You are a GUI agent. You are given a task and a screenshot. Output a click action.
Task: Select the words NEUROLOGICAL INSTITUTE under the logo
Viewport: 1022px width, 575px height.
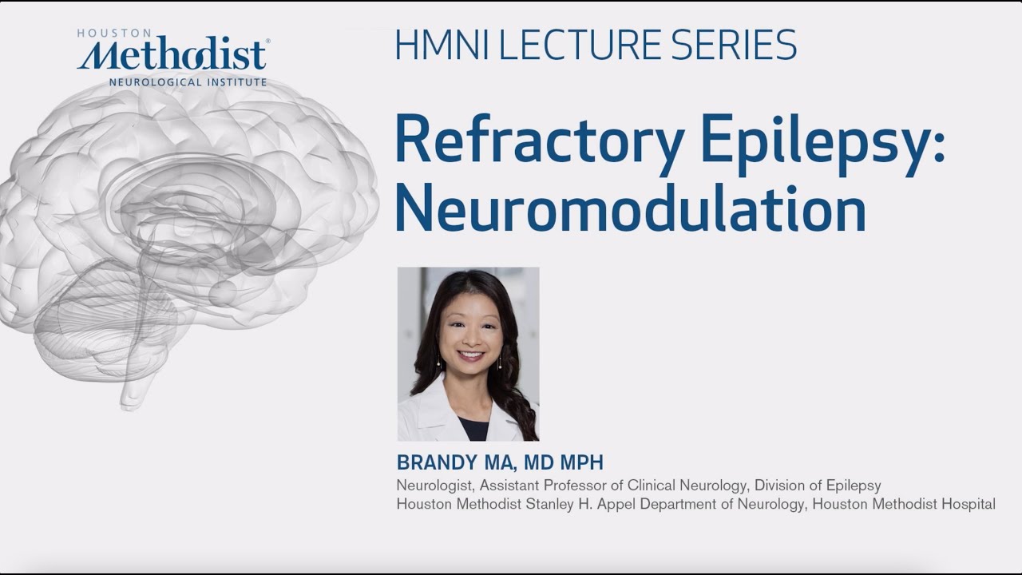188,81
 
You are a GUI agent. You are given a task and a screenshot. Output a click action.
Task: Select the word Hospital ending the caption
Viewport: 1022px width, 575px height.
969,505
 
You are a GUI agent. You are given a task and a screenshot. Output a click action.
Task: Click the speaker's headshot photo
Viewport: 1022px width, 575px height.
468,354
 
